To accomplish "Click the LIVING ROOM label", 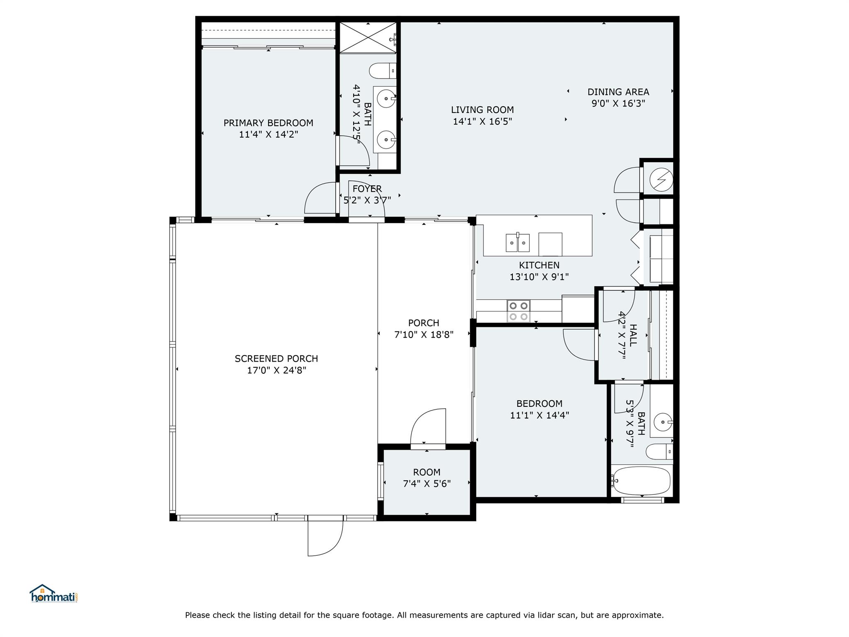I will pos(482,110).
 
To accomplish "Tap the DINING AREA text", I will pos(618,92).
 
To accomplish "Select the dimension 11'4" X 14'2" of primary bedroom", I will pos(268,134).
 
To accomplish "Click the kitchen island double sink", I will pos(518,243).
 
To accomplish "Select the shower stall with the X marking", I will pos(368,38).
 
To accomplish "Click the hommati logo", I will pos(53,594).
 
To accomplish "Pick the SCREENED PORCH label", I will pos(276,359).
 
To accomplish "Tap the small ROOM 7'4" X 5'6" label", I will pos(427,478).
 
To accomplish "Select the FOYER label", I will pos(367,189).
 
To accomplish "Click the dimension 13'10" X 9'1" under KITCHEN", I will pos(539,277).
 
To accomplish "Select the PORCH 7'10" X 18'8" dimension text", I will pos(424,334).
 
